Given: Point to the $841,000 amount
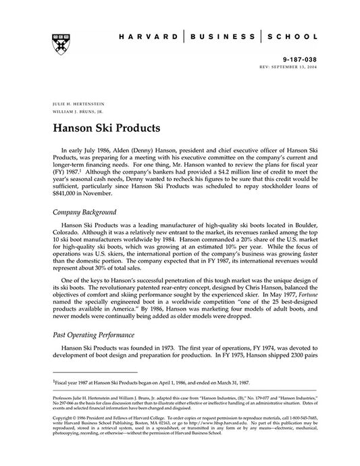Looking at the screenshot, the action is coord(67,192).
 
